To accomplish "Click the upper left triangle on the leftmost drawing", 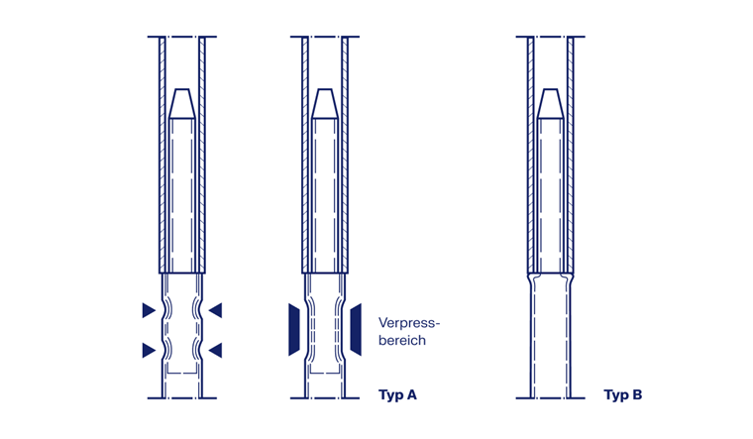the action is coord(149,310).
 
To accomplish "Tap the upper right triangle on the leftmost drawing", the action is coord(216,310).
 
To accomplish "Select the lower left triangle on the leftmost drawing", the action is coord(149,350).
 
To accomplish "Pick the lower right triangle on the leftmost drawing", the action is coord(216,350).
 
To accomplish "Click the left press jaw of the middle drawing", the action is coord(294,329).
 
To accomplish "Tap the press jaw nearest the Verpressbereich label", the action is coord(356,329).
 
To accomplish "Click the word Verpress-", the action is coord(409,323).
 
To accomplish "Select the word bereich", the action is coord(402,341).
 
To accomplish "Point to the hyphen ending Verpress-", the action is coord(437,323).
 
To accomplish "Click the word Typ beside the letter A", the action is coord(391,395).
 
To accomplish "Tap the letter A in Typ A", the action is coord(411,394).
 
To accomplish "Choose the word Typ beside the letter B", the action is coord(616,395).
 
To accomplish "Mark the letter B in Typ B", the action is coord(637,394).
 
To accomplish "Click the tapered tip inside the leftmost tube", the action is coord(182,103).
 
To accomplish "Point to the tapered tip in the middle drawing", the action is coord(325,103).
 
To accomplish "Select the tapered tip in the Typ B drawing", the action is coord(550,103).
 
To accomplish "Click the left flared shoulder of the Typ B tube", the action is coord(532,278).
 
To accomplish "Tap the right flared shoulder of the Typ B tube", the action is coord(569,278).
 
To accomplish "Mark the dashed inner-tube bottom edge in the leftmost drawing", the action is coord(182,373).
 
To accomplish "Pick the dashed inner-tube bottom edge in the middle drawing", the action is coord(325,373).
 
